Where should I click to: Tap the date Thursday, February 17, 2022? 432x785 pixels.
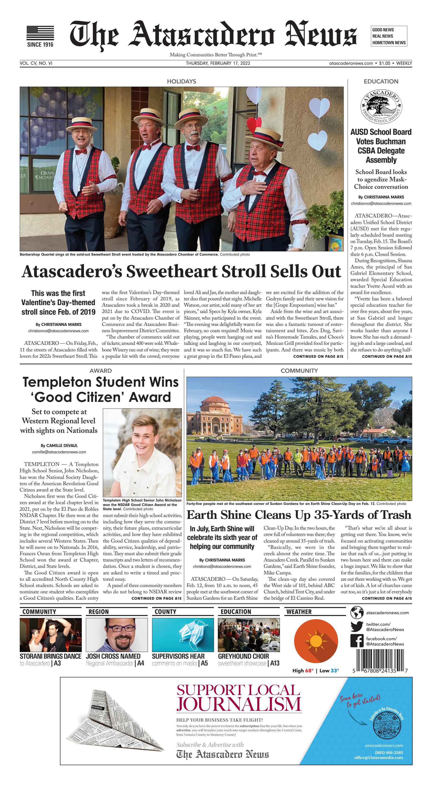(x=218, y=63)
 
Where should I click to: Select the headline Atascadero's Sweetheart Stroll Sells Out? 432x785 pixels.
(x=181, y=271)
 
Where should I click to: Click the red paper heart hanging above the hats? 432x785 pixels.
(x=255, y=124)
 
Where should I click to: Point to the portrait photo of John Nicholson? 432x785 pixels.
(x=142, y=452)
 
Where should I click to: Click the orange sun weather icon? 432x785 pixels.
(x=316, y=642)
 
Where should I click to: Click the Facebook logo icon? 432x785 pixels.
(x=357, y=641)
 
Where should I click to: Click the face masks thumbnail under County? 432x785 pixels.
(x=183, y=635)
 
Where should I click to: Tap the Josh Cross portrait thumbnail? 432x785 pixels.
(x=117, y=635)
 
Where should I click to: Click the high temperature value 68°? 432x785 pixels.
(x=309, y=671)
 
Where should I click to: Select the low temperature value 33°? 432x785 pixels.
(x=334, y=671)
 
